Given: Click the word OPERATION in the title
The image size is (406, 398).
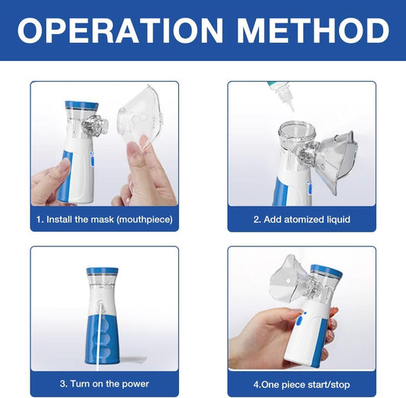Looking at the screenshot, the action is pyautogui.click(x=120, y=30).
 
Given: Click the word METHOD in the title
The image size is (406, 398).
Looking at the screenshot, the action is pyautogui.click(x=313, y=30).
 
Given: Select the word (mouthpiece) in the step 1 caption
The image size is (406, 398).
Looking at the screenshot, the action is pyautogui.click(x=145, y=220).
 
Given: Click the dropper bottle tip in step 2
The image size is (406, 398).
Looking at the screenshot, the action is pyautogui.click(x=292, y=108).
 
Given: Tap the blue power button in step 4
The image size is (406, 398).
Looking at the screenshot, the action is pyautogui.click(x=300, y=320).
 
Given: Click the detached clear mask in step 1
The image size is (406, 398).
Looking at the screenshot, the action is pyautogui.click(x=141, y=116).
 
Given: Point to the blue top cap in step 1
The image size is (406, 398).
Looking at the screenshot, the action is pyautogui.click(x=82, y=105).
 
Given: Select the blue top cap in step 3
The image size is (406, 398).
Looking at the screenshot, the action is pyautogui.click(x=102, y=271).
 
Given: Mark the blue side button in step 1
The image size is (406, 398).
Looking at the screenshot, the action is pyautogui.click(x=92, y=161).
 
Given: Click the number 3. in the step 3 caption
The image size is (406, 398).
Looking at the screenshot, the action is pyautogui.click(x=63, y=384).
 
